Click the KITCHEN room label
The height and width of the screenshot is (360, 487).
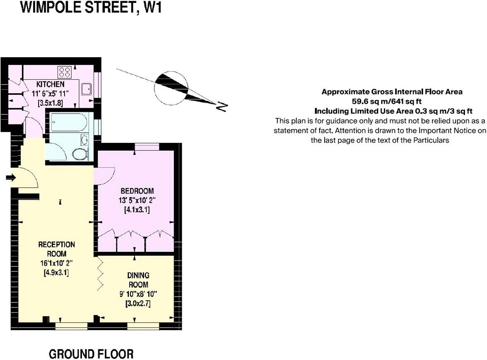click(50, 84)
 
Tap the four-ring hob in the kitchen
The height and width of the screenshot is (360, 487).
click(65, 72)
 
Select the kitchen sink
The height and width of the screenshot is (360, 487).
click(87, 89)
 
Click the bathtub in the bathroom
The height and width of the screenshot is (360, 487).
click(68, 123)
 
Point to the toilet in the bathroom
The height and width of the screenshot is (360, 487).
click(80, 154)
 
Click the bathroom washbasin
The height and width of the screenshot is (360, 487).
click(84, 140)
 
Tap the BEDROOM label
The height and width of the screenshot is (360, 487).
click(137, 191)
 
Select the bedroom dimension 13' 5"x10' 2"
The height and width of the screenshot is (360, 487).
click(137, 201)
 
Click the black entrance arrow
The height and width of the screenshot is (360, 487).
click(11, 178)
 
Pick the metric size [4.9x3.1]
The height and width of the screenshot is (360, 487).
click(57, 273)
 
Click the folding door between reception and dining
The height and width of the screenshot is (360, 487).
click(100, 273)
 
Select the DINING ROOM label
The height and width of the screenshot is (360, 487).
click(138, 280)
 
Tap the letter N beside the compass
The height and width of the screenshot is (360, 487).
click(222, 107)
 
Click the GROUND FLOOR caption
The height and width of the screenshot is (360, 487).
click(91, 354)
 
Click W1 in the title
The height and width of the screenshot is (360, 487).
click(150, 8)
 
